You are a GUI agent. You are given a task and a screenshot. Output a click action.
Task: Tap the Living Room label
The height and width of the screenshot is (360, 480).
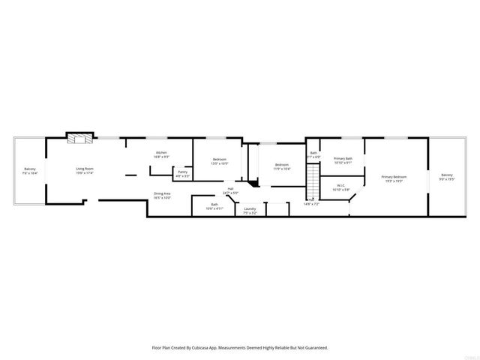pos(84,169)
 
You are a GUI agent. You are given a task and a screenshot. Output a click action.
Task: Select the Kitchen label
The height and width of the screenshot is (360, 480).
pos(161,153)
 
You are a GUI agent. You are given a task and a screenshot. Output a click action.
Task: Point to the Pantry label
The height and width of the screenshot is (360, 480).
pos(182,172)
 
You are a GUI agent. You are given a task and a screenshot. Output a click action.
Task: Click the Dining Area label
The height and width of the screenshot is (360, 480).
pos(162,193)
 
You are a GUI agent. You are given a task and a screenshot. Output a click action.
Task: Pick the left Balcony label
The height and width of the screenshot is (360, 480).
pos(30,169)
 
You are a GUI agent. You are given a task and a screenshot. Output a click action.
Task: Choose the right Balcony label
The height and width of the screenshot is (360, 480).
pos(447,175)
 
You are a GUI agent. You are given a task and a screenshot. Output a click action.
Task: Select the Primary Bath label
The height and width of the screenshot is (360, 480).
pos(343,158)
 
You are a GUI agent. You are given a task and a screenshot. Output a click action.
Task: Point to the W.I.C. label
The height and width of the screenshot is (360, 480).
pos(340,185)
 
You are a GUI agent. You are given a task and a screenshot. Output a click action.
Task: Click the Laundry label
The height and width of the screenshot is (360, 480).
pos(250,208)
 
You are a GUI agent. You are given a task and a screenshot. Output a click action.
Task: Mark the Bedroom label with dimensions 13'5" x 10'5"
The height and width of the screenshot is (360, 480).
pos(219,159)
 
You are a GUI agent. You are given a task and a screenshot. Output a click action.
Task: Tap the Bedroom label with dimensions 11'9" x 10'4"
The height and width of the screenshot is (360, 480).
pos(282,164)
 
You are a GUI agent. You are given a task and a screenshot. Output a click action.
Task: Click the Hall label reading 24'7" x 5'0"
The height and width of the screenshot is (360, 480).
pos(230,189)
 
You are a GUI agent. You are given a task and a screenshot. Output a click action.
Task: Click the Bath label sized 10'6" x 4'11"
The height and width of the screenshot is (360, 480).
pos(214,204)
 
